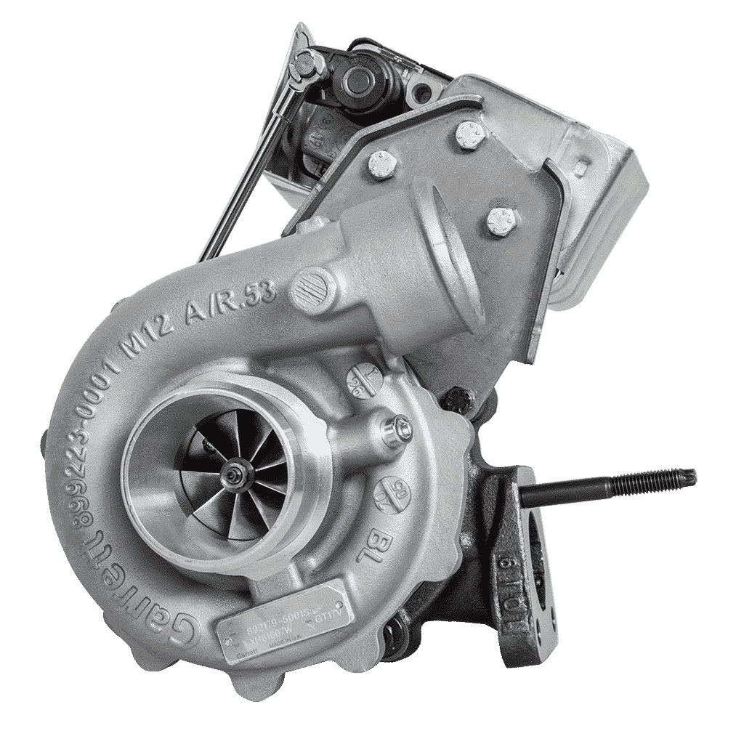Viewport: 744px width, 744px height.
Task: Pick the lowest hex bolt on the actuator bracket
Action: [x=498, y=222]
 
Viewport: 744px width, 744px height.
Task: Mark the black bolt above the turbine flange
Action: [x=454, y=397]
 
